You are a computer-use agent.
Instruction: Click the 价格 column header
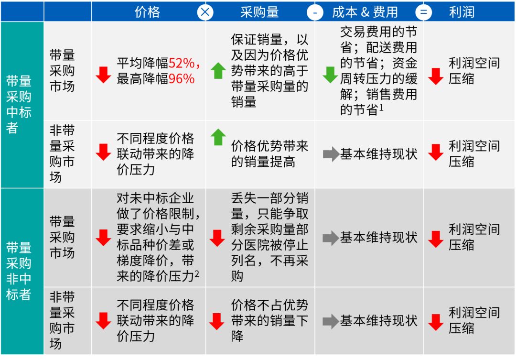tap(148, 12)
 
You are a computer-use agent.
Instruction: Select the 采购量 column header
tap(259, 12)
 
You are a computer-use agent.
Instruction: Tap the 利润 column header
tap(462, 12)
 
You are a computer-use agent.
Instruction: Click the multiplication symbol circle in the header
tap(205, 12)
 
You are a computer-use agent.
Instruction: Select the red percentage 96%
tap(182, 78)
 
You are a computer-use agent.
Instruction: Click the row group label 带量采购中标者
tap(19, 104)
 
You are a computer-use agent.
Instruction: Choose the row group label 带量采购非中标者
tap(19, 271)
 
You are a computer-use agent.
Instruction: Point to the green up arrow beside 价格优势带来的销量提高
tap(218, 137)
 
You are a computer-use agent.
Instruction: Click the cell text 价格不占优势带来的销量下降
tap(269, 320)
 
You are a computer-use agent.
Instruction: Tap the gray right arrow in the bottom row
tap(331, 321)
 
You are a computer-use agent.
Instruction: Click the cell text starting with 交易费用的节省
tap(378, 71)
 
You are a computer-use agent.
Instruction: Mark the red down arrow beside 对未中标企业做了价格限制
tap(103, 238)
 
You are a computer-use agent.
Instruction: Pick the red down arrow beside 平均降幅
tap(103, 75)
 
